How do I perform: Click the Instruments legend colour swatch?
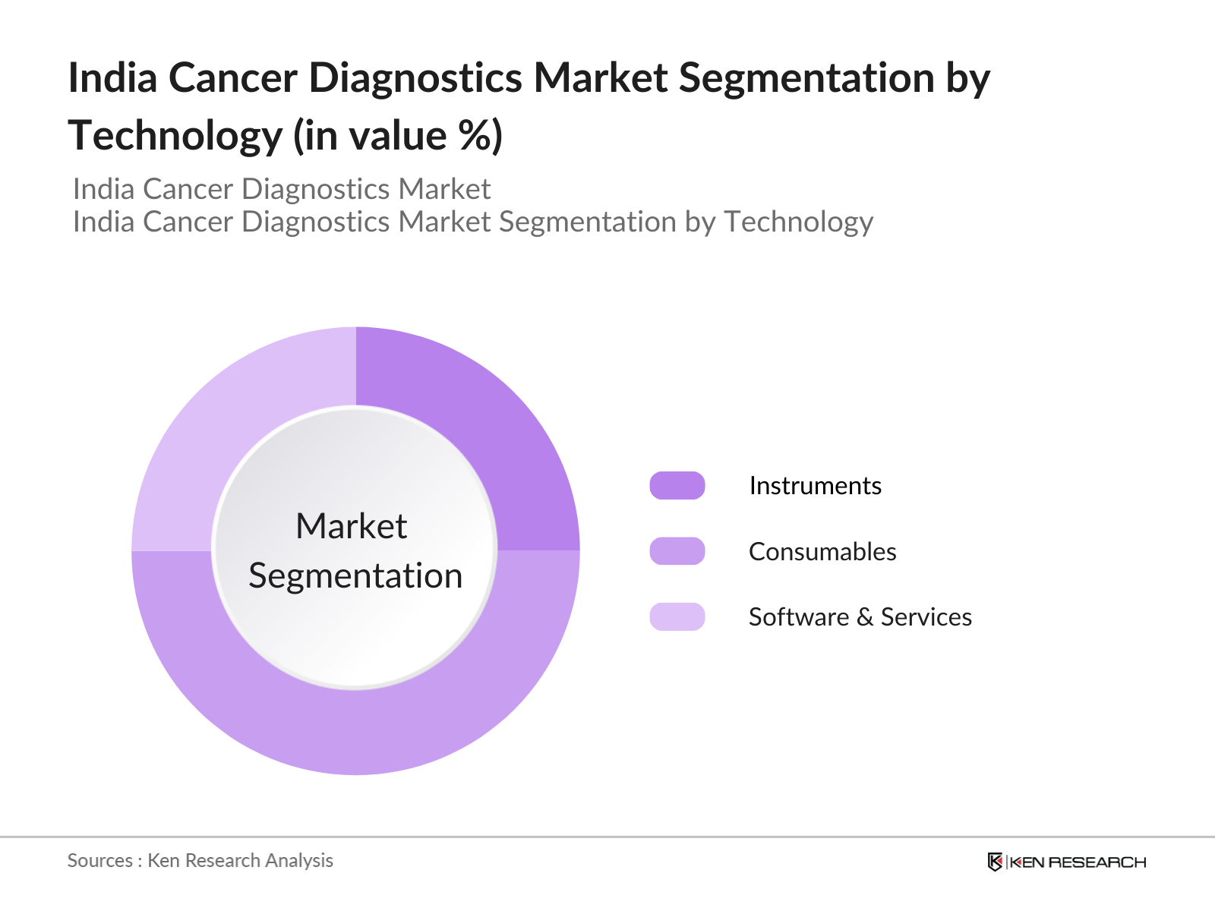click(677, 486)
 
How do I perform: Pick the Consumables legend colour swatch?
click(677, 551)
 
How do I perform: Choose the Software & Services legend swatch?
click(677, 616)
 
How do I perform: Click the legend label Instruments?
click(815, 486)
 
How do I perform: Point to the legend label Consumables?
click(822, 552)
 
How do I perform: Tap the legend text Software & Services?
click(860, 617)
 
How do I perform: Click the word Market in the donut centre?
click(351, 526)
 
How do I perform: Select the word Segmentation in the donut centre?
click(355, 576)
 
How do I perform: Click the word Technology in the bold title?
click(175, 136)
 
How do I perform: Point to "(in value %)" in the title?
click(398, 136)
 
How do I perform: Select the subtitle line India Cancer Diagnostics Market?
click(282, 189)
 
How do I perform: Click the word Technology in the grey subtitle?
click(797, 222)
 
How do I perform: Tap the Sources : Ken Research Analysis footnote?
click(200, 861)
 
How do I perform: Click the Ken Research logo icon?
click(995, 862)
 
